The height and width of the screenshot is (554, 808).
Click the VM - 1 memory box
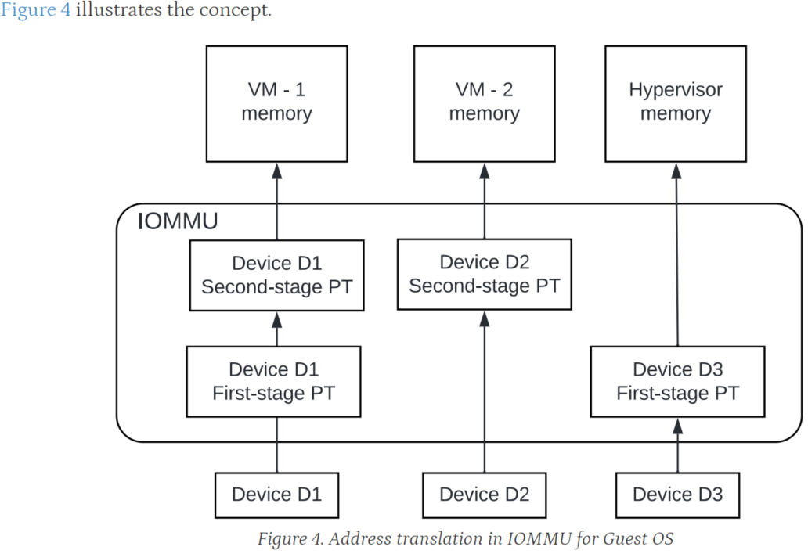(276, 103)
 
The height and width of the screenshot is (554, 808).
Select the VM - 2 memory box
(484, 103)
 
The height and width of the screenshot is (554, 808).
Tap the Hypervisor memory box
(675, 103)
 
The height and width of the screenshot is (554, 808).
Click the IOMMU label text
(178, 221)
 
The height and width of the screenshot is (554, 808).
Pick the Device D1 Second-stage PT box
(276, 274)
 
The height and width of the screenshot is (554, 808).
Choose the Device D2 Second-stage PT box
(484, 274)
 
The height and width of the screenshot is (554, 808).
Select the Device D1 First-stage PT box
(273, 381)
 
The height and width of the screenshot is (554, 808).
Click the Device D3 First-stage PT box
(677, 381)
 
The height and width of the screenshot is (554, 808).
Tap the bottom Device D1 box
(276, 495)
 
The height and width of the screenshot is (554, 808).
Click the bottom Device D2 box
(484, 495)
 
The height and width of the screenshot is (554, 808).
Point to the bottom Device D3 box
(677, 495)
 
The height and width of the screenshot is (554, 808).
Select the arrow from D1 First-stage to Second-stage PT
(276, 329)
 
